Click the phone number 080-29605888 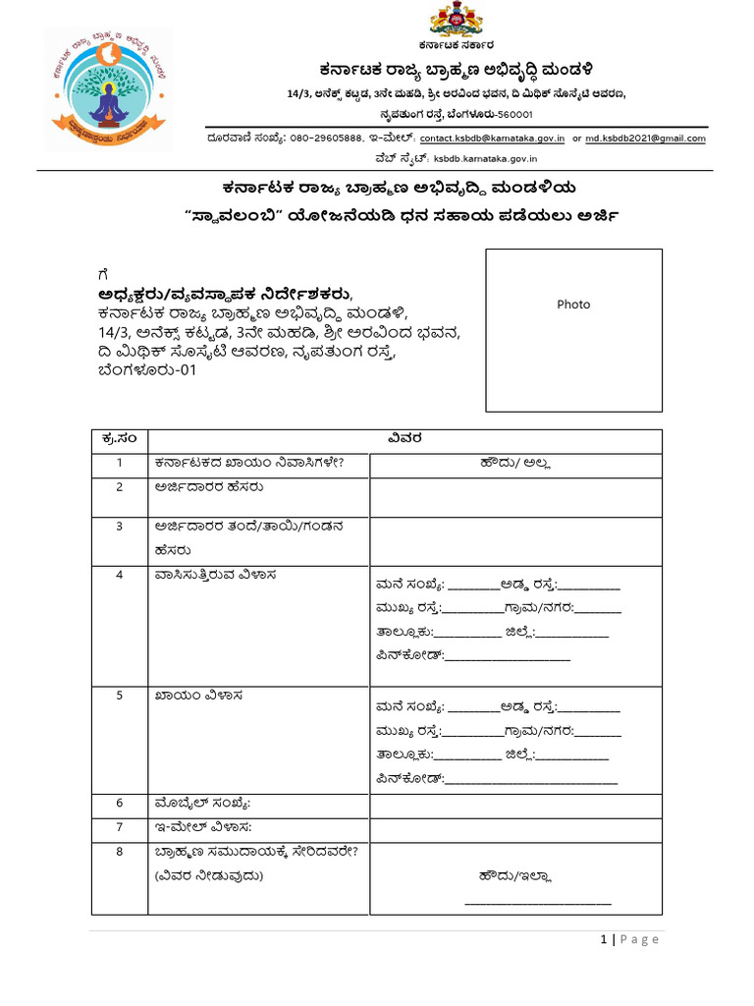(x=328, y=139)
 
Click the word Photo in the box (x=573, y=305)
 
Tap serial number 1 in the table (x=118, y=463)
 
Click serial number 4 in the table (x=118, y=575)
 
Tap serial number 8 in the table (x=118, y=853)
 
